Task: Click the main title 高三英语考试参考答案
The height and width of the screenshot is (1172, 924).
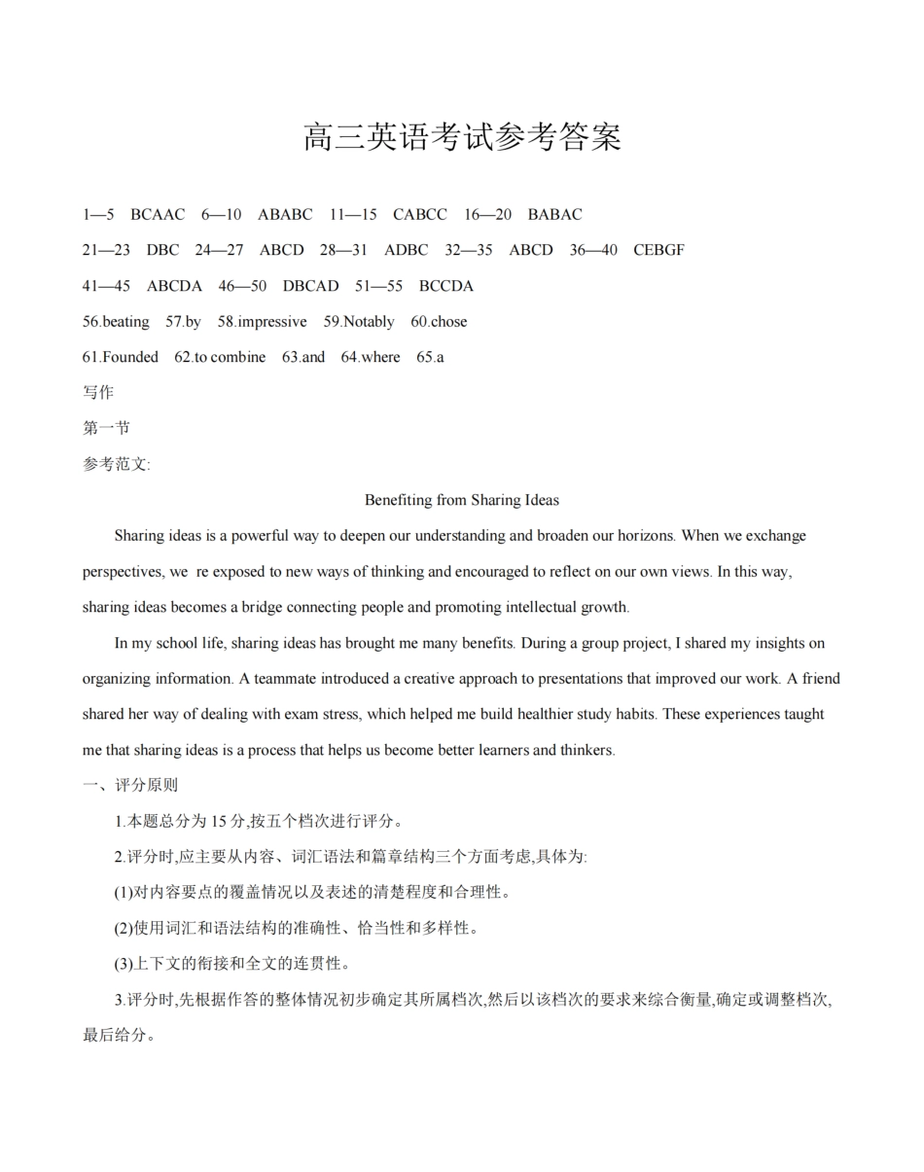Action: point(462,137)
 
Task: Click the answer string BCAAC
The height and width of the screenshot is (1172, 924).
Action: point(158,215)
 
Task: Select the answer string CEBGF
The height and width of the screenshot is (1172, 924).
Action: point(658,250)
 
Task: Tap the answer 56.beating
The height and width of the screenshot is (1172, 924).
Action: point(116,322)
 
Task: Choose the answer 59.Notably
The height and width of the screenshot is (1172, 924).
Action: point(359,322)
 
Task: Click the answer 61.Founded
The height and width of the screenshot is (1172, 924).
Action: point(121,357)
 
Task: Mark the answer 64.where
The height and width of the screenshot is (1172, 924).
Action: point(371,357)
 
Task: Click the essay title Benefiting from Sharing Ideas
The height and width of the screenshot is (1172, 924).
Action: point(462,500)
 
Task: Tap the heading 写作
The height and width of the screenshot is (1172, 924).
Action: point(98,393)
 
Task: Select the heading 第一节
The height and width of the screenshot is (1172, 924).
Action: point(106,428)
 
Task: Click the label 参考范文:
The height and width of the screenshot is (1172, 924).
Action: point(117,464)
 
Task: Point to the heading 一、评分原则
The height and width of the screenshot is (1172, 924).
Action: point(130,785)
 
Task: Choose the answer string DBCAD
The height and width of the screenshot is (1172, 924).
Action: point(311,286)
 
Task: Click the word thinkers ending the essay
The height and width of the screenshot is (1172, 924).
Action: point(584,750)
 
